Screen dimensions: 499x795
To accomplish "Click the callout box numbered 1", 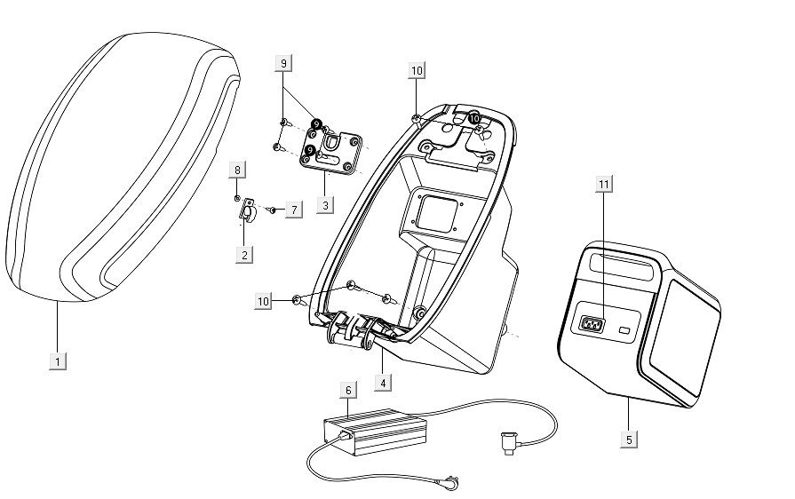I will [58, 361].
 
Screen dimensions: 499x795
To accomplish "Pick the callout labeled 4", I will [383, 383].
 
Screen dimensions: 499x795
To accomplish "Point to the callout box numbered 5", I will [629, 439].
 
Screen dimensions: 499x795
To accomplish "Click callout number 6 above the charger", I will [348, 390].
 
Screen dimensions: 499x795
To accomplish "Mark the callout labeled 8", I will [237, 169].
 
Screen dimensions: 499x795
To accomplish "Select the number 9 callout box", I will [283, 63].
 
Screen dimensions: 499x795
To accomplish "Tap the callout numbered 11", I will [604, 184].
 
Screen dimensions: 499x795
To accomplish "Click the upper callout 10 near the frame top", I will [417, 69].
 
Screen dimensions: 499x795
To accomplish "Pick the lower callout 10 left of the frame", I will [264, 302].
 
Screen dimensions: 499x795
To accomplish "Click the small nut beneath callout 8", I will [237, 197].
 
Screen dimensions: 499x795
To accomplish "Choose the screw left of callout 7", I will [272, 210].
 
